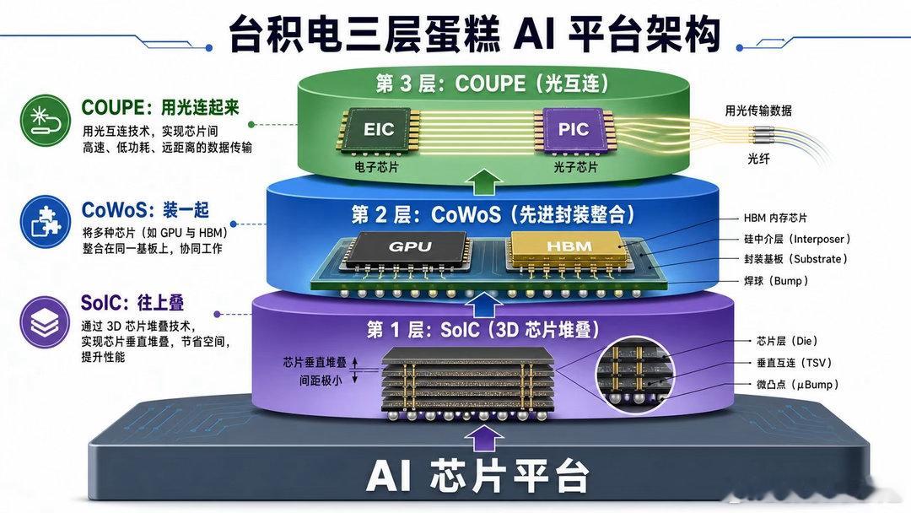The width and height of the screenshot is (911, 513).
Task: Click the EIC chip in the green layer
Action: [x=379, y=130]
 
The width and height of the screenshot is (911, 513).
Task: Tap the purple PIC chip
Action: [x=574, y=129]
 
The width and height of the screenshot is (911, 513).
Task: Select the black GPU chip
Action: [x=409, y=248]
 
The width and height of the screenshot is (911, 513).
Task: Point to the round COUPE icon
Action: [x=46, y=121]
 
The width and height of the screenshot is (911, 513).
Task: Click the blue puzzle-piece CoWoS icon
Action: [x=46, y=222]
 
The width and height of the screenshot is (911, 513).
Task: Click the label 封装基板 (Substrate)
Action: [x=795, y=259]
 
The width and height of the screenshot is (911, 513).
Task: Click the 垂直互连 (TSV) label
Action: [x=795, y=363]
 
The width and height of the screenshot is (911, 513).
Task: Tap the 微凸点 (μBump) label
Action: [x=797, y=385]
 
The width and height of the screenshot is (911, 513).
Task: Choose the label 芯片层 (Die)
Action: [x=787, y=341]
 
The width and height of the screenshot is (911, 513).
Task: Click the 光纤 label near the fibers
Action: [x=758, y=159]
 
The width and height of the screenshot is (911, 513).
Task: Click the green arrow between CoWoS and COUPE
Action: [x=484, y=182]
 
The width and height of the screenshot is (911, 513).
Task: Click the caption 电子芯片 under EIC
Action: [x=376, y=167]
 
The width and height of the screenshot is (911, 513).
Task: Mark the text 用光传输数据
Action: [x=758, y=111]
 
